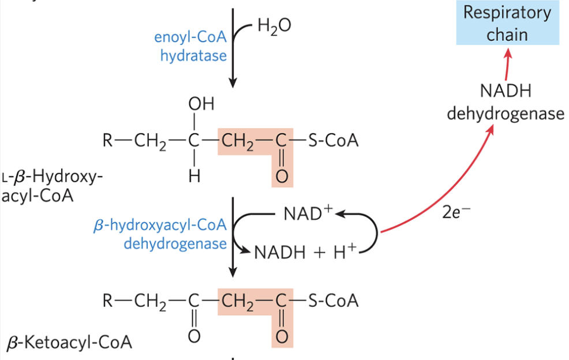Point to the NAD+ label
point(309,213)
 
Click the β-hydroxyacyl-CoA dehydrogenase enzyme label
point(160,234)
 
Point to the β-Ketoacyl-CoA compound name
point(69,343)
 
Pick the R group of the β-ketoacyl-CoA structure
point(108,301)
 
